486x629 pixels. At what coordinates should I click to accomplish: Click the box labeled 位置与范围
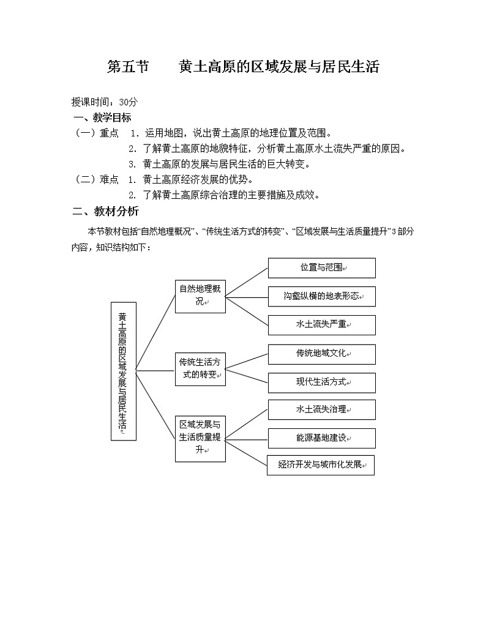pyautogui.click(x=321, y=268)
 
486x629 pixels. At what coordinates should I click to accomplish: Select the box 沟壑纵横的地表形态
pyautogui.click(x=321, y=296)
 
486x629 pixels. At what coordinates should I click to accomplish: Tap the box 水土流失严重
pyautogui.click(x=321, y=325)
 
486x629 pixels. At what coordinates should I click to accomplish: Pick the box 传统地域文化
pyautogui.click(x=321, y=354)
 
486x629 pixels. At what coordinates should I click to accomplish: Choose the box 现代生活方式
pyautogui.click(x=321, y=382)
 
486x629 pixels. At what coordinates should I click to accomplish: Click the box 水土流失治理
pyautogui.click(x=321, y=409)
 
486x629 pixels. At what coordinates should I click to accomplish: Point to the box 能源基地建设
pyautogui.click(x=321, y=438)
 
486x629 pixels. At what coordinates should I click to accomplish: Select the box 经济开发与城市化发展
pyautogui.click(x=320, y=465)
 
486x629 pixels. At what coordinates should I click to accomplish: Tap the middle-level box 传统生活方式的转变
pyautogui.click(x=200, y=369)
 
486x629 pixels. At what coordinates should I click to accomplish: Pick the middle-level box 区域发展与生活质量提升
pyautogui.click(x=200, y=439)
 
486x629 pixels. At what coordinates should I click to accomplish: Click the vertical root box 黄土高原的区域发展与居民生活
pyautogui.click(x=123, y=371)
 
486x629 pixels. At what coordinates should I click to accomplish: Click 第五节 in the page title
pyautogui.click(x=128, y=67)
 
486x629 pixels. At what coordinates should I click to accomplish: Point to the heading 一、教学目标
pyautogui.click(x=102, y=117)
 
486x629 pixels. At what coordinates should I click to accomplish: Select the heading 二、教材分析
pyautogui.click(x=105, y=212)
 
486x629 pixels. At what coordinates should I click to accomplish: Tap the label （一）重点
pyautogui.click(x=96, y=133)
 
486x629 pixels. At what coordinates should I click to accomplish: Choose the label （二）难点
pyautogui.click(x=96, y=179)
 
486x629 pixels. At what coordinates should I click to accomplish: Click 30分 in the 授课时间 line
pyautogui.click(x=129, y=102)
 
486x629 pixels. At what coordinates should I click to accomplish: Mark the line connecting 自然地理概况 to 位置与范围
pyautogui.click(x=247, y=283)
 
